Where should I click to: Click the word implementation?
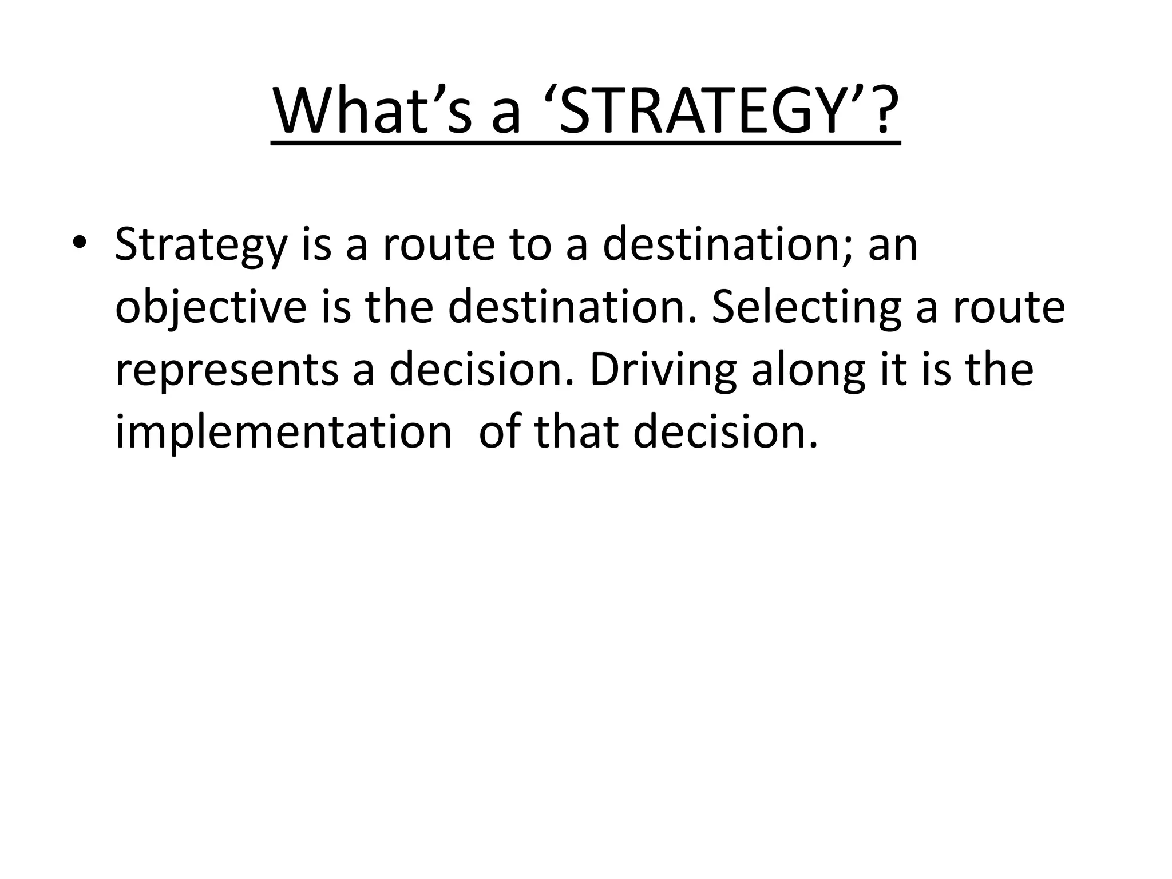(284, 433)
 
